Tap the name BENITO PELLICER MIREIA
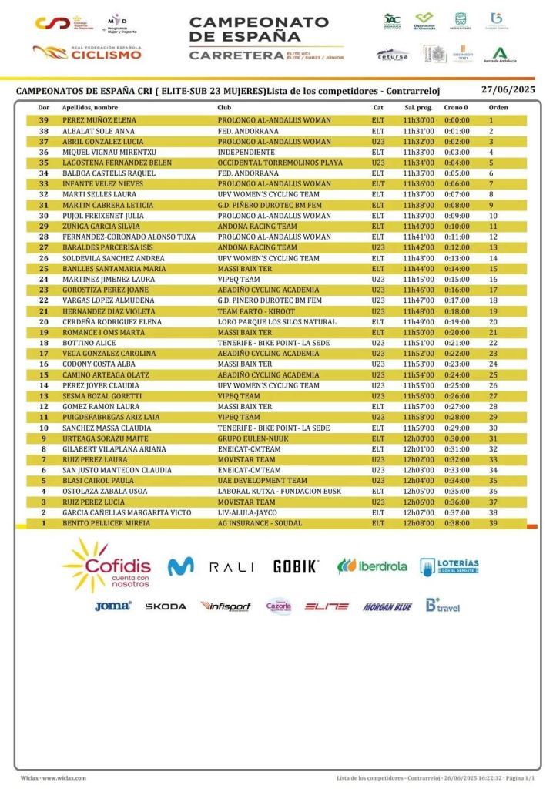click(106, 523)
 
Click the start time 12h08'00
click(418, 523)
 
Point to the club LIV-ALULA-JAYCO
click(247, 512)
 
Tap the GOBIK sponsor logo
click(296, 566)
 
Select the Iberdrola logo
click(372, 566)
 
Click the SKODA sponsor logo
click(166, 606)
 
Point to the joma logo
click(112, 606)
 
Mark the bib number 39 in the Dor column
click(44, 120)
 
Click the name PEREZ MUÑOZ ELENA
click(99, 120)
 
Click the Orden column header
click(498, 108)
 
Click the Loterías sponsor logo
click(450, 566)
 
